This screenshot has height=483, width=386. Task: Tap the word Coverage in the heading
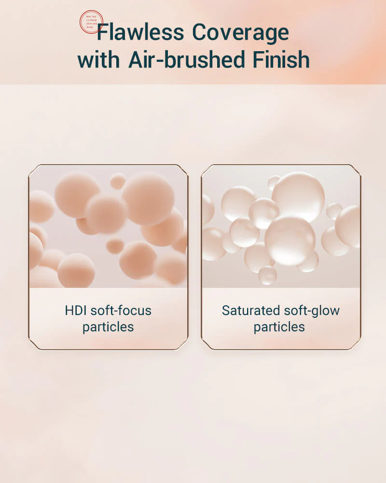[240, 33]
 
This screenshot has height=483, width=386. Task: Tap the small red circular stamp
[91, 22]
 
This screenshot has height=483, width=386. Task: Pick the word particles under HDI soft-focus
[108, 327]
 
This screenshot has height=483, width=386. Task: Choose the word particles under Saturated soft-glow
[279, 327]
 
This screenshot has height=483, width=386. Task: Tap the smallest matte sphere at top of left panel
[118, 182]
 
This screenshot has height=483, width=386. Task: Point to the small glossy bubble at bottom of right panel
[267, 275]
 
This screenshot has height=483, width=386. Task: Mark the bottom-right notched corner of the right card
[358, 346]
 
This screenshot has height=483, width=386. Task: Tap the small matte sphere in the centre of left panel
[115, 245]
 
